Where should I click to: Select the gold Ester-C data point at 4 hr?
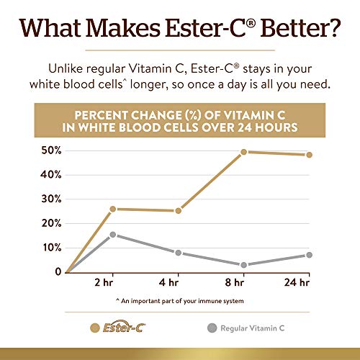click(x=178, y=211)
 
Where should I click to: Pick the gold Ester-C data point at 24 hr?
click(x=309, y=155)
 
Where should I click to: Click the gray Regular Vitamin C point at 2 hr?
click(x=113, y=235)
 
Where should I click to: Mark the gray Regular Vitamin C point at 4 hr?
click(x=178, y=253)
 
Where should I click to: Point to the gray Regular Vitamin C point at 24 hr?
click(x=309, y=255)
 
